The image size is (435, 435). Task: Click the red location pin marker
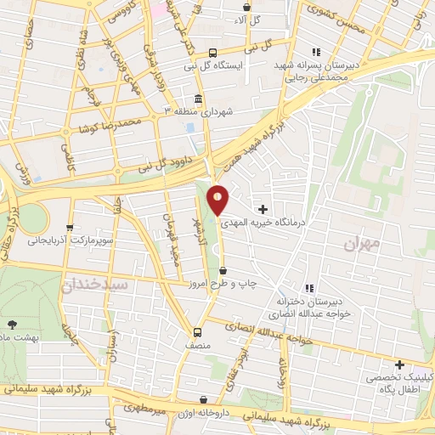[218, 200]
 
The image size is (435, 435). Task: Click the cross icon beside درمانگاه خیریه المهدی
[263, 208]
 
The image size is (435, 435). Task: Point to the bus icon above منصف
[198, 332]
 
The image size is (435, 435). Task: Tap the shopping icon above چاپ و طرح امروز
[223, 270]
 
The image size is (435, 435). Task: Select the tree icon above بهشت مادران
[12, 324]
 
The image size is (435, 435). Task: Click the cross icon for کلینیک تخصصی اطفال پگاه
[399, 364]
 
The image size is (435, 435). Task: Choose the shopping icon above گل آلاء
[246, 6]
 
